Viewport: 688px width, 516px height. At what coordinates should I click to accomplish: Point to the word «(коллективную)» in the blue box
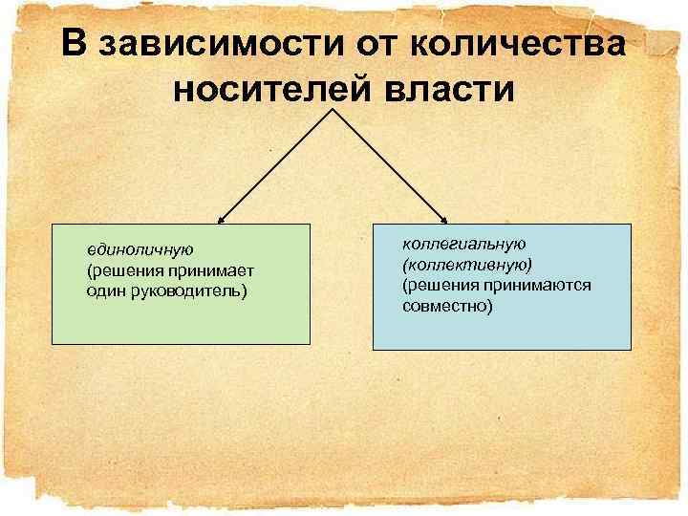468,265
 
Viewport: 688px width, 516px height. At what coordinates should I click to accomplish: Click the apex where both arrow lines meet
334,109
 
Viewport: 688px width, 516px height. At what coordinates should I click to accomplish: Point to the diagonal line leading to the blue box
390,164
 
